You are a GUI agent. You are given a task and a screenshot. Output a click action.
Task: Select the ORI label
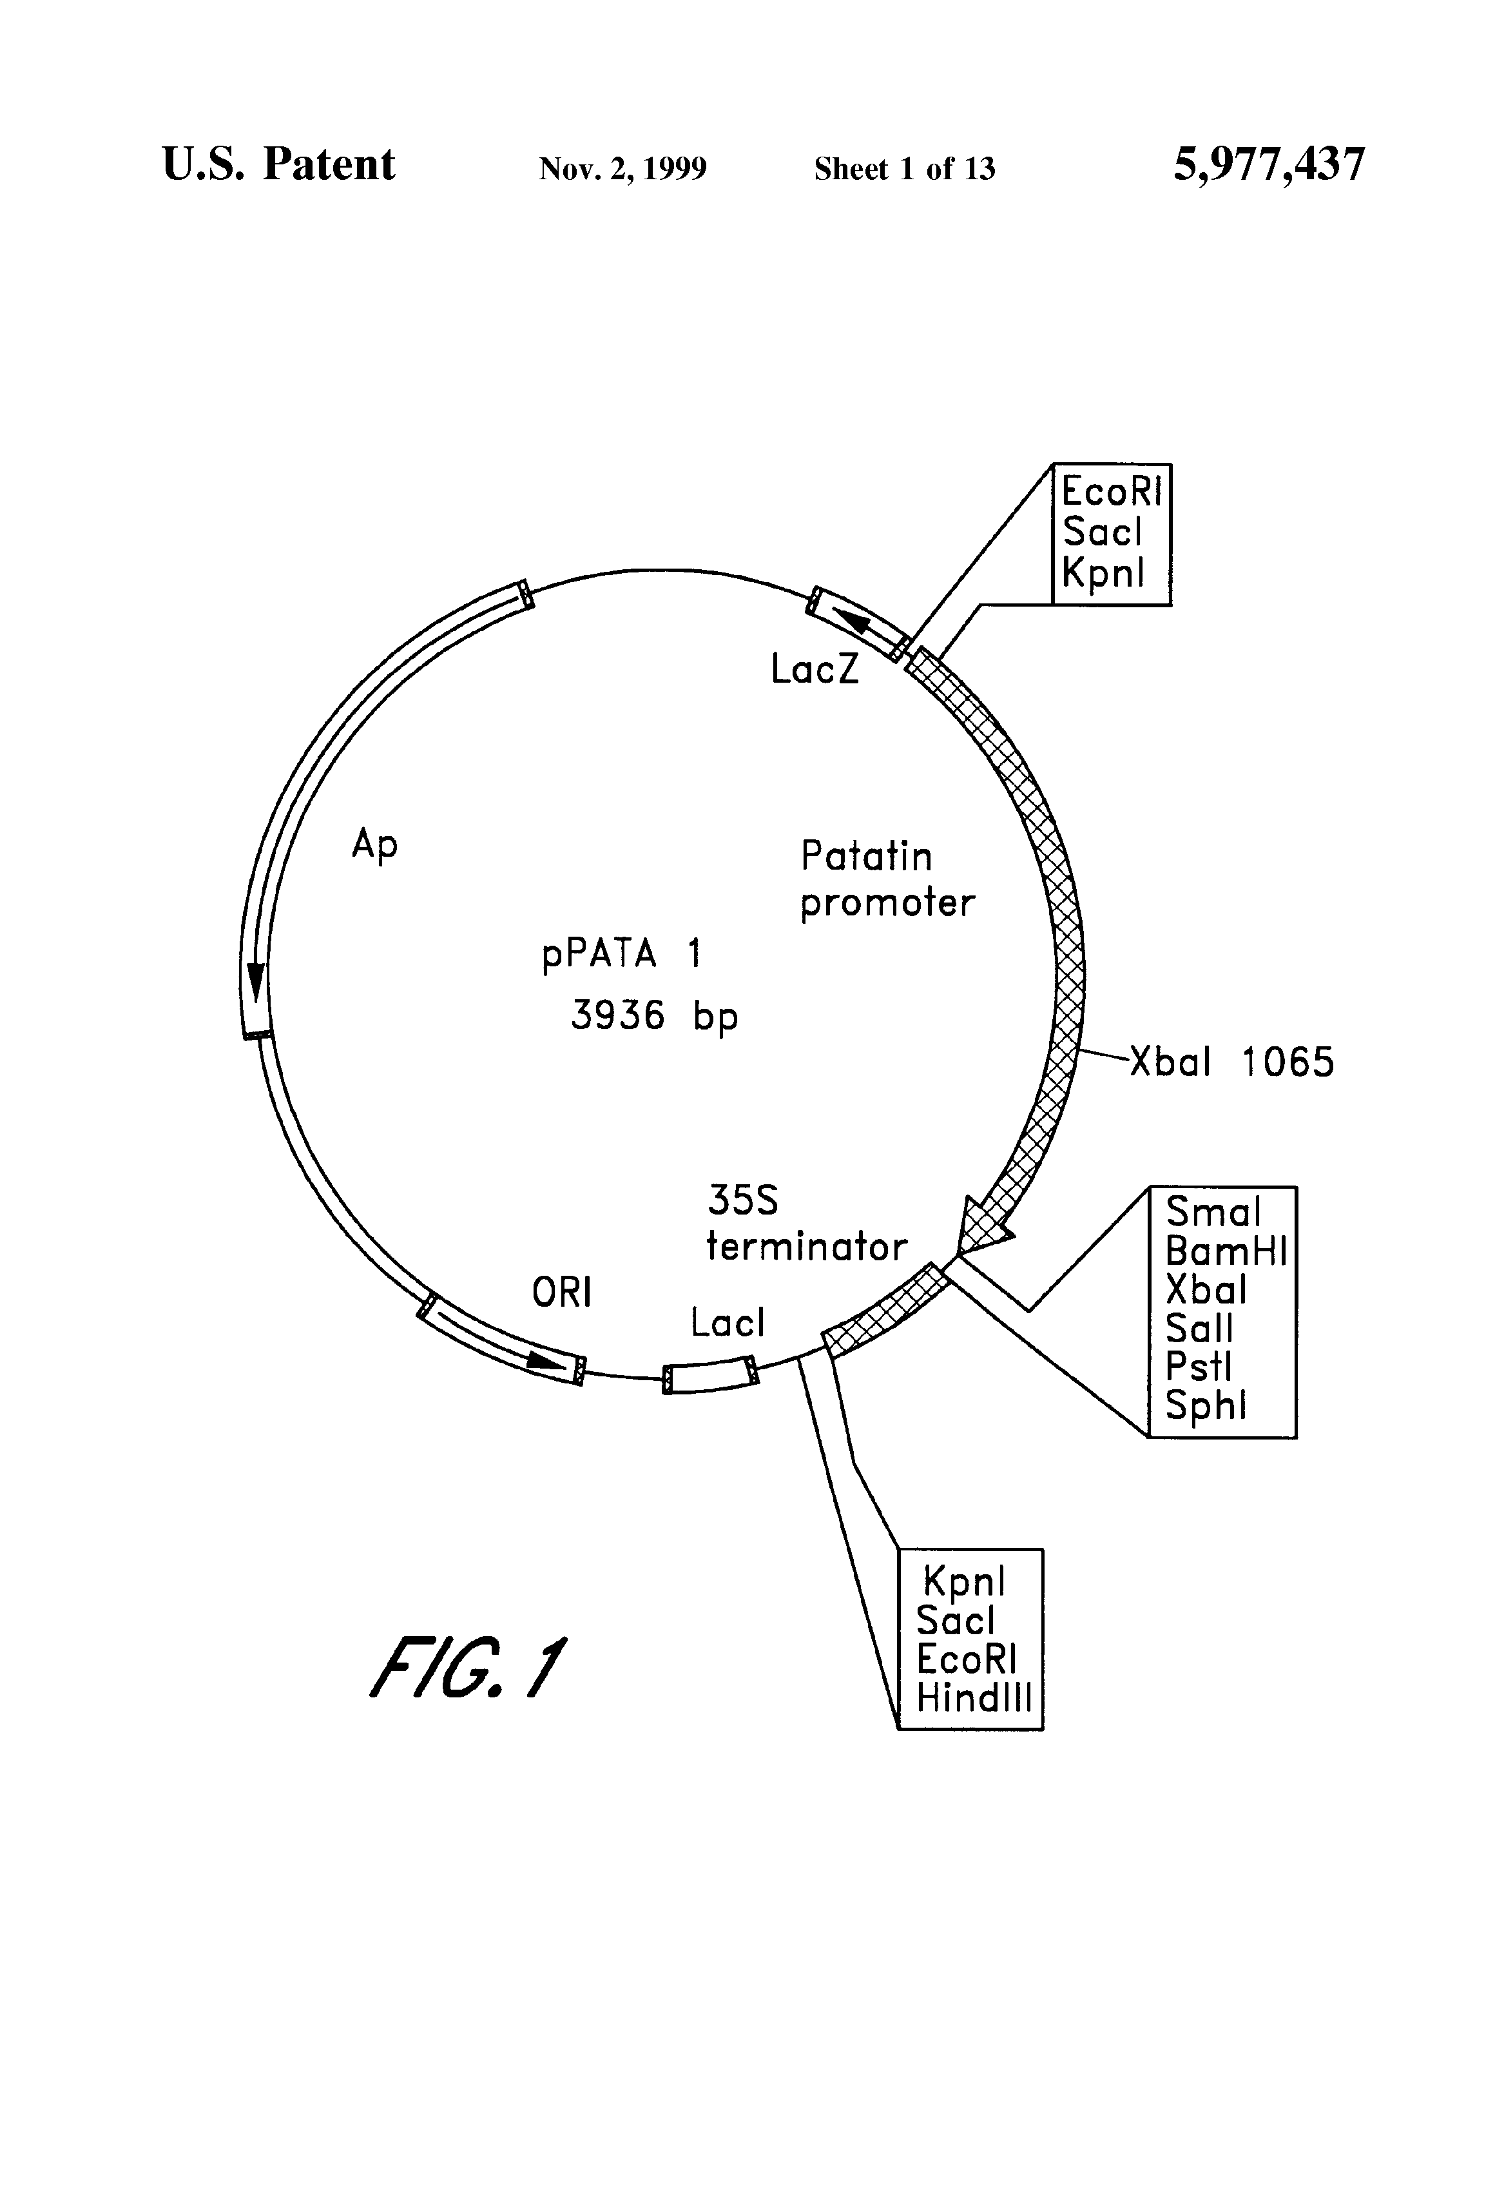coord(561,1293)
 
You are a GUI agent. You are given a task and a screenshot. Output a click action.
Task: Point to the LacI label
coord(727,1323)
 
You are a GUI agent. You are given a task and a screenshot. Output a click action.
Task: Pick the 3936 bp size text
coord(654,1016)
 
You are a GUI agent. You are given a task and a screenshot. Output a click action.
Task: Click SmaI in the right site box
coord(1213,1212)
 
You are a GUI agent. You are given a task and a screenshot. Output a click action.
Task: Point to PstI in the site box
coord(1199,1367)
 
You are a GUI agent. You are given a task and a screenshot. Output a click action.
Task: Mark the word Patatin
coord(865,857)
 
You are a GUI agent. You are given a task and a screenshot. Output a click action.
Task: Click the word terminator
coord(806,1247)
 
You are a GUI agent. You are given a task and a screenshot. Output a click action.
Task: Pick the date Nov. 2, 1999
coord(622,168)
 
